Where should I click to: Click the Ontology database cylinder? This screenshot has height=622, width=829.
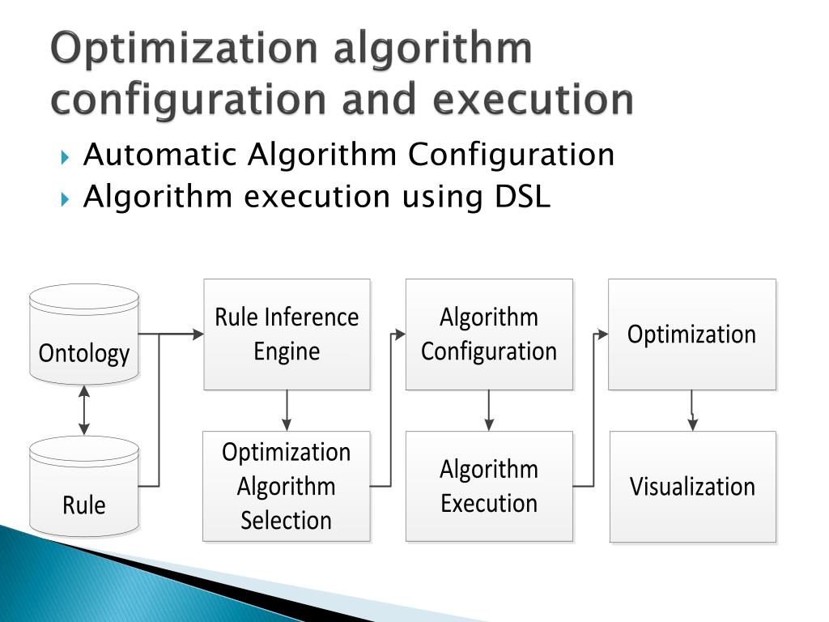pos(84,334)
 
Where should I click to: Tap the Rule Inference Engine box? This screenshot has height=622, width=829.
pos(287,334)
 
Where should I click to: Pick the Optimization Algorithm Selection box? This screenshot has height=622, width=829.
pos(287,486)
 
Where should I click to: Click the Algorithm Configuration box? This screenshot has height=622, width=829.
pos(489,334)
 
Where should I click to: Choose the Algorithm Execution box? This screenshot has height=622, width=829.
pos(489,486)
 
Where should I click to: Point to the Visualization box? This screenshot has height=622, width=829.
pos(692,486)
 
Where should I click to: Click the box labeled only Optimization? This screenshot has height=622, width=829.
pos(692,334)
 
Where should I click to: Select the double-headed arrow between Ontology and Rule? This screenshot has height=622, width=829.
pos(84,411)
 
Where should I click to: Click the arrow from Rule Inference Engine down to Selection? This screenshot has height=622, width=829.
pos(287,411)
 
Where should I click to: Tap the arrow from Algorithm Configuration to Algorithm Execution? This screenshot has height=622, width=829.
pos(489,411)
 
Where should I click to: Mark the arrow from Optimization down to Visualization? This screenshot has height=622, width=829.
pos(692,411)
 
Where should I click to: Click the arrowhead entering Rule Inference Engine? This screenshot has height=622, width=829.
pos(198,334)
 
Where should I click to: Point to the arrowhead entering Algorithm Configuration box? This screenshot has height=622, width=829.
pos(400,334)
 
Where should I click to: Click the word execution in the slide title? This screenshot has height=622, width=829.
pos(533,100)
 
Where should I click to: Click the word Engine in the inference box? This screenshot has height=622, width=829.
pos(287,351)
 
